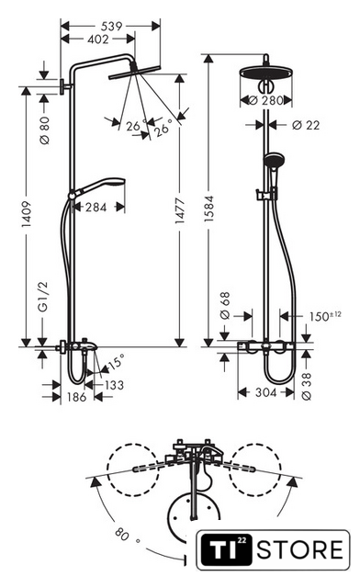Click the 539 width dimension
click(111, 26)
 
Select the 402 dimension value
click(98, 39)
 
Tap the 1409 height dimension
click(26, 214)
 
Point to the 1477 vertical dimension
click(180, 210)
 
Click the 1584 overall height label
click(208, 209)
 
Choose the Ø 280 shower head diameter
click(265, 100)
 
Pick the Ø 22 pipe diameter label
click(306, 125)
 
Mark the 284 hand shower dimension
click(96, 207)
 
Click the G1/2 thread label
click(43, 297)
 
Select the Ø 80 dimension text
click(45, 130)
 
